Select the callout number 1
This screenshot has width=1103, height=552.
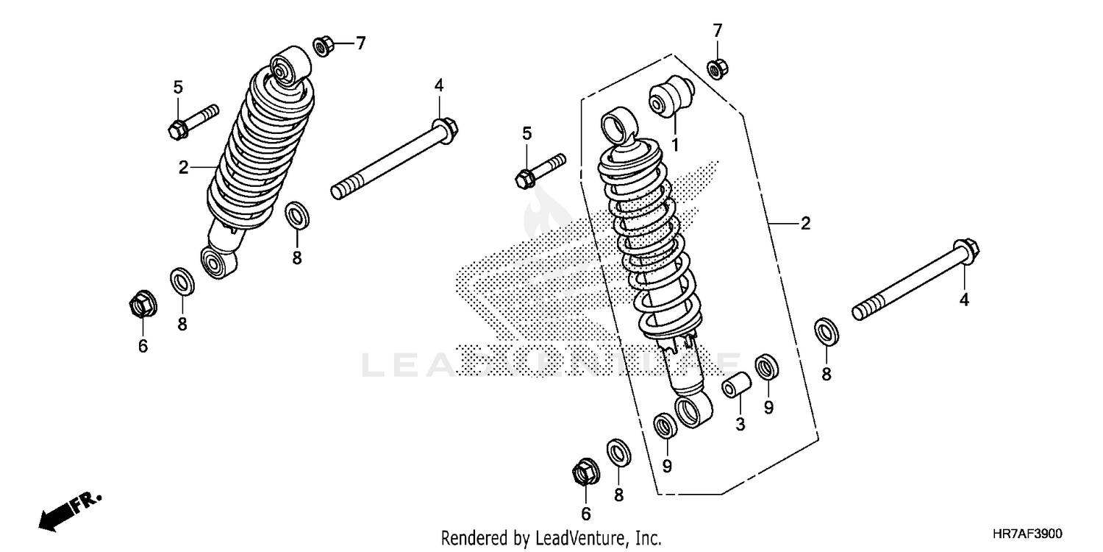(674, 144)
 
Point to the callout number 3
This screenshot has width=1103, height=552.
(740, 424)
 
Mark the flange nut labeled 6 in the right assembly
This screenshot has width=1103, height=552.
(584, 471)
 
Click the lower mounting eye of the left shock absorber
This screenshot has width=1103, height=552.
(218, 262)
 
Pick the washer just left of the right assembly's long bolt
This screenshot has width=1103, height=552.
(827, 330)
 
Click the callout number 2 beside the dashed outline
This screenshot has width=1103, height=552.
(805, 224)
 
